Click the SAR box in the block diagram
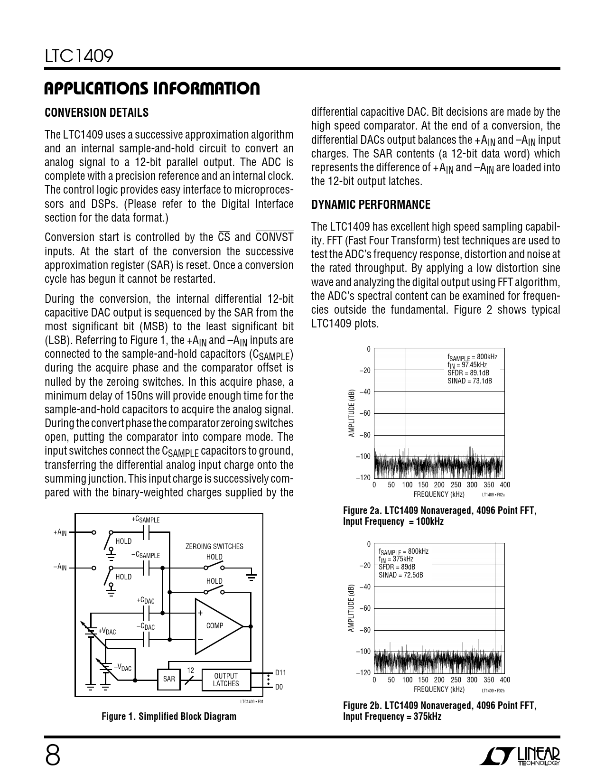pyautogui.click(x=169, y=679)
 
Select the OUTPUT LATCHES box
pyautogui.click(x=226, y=680)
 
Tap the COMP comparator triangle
pyautogui.click(x=216, y=626)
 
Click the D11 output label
pyautogui.click(x=280, y=673)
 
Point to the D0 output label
pyautogui.click(x=279, y=687)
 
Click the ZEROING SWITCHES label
pyautogui.click(x=214, y=547)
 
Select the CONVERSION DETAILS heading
pyautogui.click(x=96, y=113)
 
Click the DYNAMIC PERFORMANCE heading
pyautogui.click(x=371, y=205)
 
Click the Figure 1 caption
pyautogui.click(x=169, y=716)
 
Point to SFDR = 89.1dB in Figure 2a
pyautogui.click(x=469, y=373)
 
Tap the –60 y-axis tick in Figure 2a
pyautogui.click(x=364, y=413)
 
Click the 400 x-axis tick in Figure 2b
pyautogui.click(x=505, y=680)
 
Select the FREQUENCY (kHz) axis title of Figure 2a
pyautogui.click(x=437, y=494)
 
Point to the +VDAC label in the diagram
pyautogui.click(x=107, y=632)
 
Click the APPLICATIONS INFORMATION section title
pyautogui.click(x=152, y=89)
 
